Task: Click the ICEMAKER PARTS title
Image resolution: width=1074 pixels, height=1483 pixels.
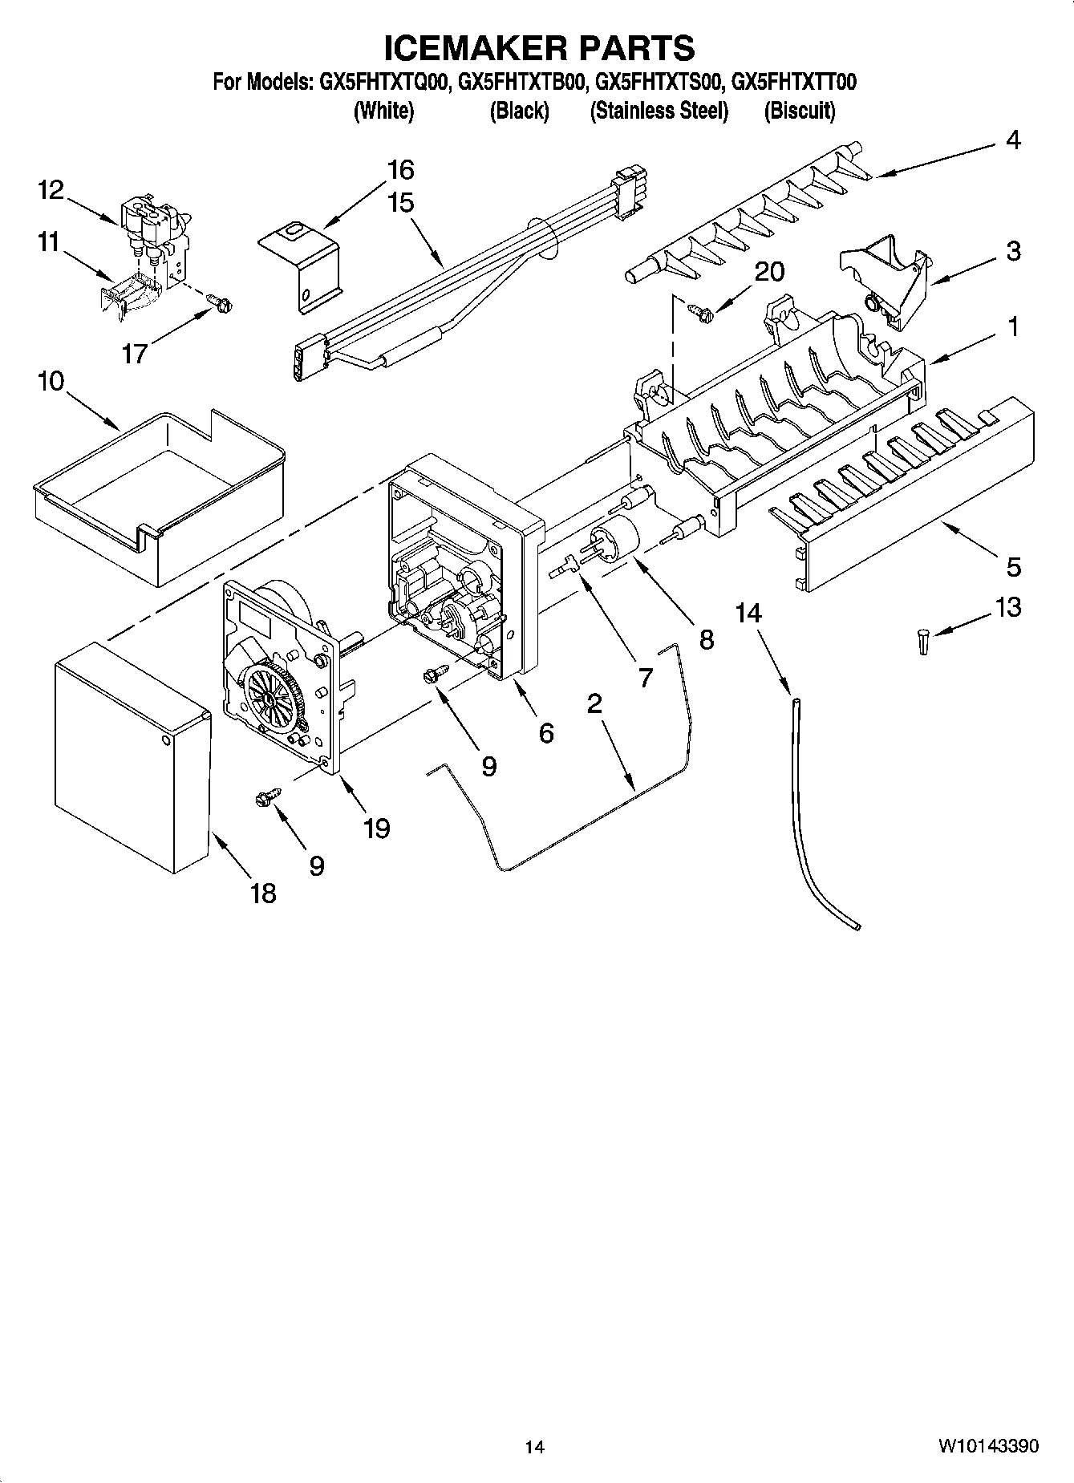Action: click(x=538, y=48)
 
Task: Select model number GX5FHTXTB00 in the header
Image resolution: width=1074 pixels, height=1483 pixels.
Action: click(x=521, y=82)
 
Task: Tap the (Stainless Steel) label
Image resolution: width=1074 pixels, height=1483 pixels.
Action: click(x=659, y=111)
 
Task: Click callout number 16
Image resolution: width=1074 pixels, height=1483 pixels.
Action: click(x=400, y=170)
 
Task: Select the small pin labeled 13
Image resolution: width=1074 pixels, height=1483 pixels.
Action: click(x=924, y=642)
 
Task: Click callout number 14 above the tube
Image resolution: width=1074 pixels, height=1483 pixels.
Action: click(x=748, y=613)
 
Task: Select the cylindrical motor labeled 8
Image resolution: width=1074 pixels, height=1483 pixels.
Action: click(x=614, y=539)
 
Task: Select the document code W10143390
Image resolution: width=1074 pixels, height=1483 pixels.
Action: click(x=988, y=1446)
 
